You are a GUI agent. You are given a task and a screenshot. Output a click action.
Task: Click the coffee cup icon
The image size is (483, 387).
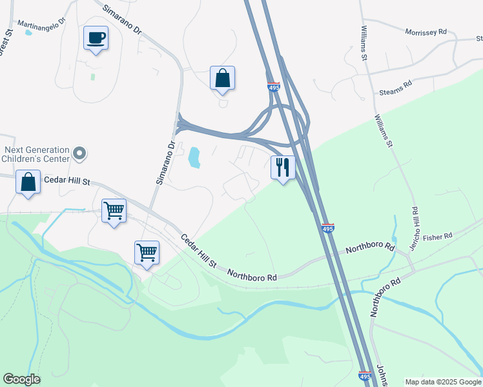click(96, 38)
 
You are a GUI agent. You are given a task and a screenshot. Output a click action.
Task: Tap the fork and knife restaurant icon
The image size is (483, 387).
click(282, 168)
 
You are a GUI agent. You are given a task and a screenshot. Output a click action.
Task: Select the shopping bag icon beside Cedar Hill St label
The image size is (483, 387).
click(28, 182)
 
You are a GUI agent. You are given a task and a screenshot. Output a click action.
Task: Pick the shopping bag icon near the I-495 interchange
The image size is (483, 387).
click(222, 79)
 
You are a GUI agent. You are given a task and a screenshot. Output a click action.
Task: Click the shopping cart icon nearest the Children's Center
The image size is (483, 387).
click(114, 210)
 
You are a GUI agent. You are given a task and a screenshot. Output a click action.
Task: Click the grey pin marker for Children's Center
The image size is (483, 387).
click(79, 154)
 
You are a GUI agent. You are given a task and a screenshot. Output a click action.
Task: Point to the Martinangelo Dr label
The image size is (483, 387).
click(42, 24)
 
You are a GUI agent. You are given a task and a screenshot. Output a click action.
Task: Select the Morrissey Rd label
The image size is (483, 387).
click(426, 32)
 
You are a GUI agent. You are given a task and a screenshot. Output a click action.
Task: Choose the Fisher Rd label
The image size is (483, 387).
click(439, 236)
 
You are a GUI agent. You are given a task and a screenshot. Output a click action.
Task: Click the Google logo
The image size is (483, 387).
click(21, 379)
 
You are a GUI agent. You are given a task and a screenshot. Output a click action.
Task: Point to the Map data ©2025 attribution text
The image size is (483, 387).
click(443, 382)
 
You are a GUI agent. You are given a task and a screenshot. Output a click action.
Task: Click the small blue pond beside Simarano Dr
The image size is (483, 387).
click(194, 157)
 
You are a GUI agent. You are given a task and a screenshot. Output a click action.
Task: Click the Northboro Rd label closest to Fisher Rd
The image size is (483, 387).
click(370, 247)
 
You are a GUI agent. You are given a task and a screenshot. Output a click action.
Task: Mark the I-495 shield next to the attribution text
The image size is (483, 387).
click(365, 375)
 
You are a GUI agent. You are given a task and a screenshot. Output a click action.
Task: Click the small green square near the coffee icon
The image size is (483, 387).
click(92, 77)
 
